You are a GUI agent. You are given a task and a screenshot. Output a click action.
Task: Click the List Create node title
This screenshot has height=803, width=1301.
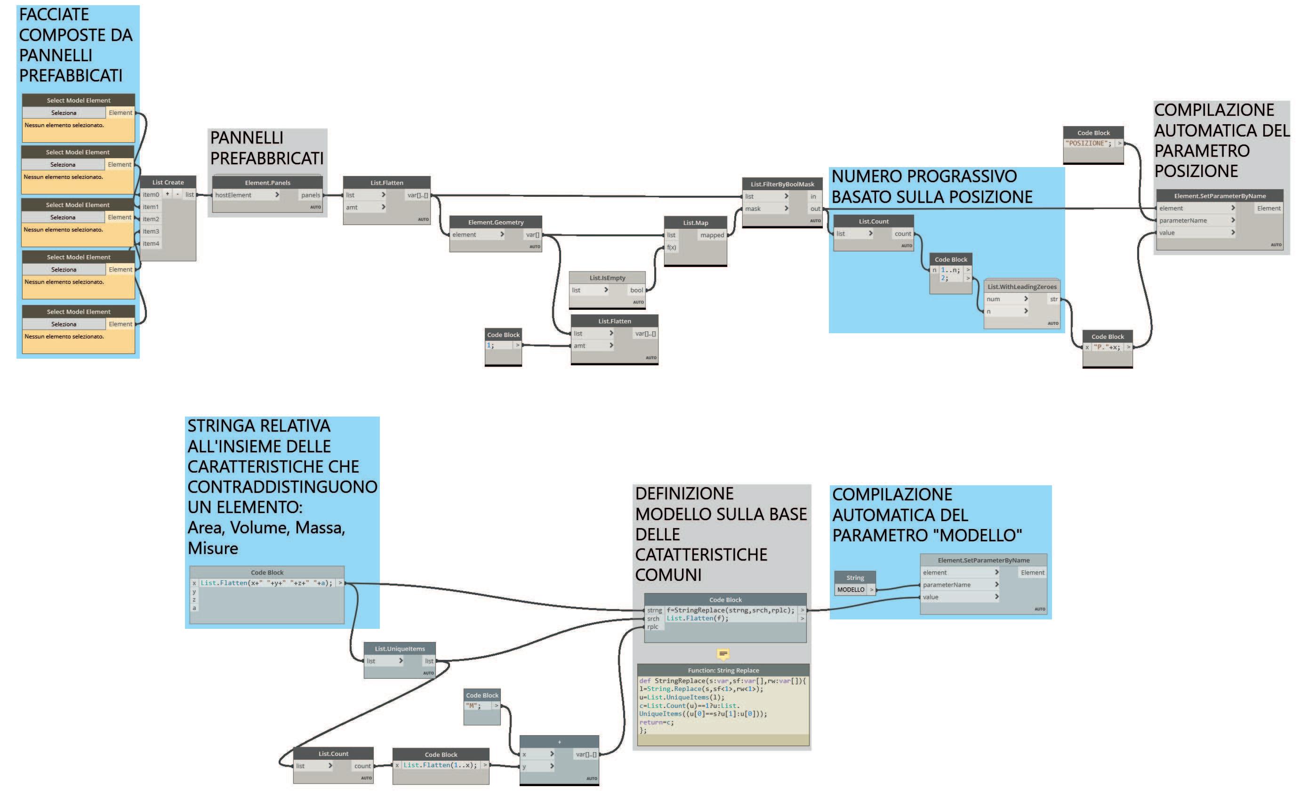[168, 182]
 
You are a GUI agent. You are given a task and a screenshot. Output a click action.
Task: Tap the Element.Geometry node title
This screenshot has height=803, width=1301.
[496, 222]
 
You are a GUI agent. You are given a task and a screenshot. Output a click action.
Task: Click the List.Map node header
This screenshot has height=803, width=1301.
[695, 223]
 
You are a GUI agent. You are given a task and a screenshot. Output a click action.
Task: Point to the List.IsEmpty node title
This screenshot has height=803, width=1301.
[607, 278]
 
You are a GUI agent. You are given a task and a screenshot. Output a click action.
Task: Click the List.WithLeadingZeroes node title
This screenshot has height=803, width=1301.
[1022, 287]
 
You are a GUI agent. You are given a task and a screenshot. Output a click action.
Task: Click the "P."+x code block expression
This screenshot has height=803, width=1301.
[1107, 347]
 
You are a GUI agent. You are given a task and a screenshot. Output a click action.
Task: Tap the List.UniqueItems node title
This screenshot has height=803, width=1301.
[399, 649]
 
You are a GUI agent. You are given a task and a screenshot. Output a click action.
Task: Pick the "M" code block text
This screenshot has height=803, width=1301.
[473, 706]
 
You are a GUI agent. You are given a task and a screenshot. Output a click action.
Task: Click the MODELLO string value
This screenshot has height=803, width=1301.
[850, 589]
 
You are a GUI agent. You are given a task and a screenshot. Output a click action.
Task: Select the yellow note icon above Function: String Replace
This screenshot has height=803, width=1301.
[723, 654]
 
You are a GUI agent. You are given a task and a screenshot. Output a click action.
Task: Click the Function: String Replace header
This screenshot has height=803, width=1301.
[723, 670]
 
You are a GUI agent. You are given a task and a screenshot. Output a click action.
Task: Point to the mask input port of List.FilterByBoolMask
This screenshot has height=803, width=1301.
[753, 209]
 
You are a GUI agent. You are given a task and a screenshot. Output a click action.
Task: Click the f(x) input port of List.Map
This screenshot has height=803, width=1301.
[672, 248]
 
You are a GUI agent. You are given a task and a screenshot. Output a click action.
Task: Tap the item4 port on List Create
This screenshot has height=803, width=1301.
[151, 244]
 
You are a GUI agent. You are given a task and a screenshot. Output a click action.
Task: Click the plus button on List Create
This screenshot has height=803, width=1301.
[168, 194]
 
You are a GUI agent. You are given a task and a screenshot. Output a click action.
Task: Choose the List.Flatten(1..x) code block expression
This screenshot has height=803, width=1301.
[440, 765]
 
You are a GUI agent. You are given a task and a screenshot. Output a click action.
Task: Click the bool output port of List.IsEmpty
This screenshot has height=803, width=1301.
[636, 290]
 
